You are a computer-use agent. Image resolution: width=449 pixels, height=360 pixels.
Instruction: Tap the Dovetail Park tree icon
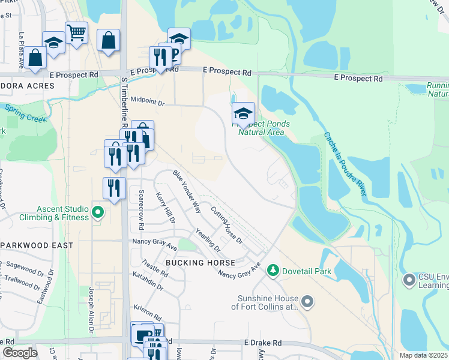coord(274,271)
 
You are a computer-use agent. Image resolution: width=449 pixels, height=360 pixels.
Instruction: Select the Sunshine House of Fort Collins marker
coord(307,302)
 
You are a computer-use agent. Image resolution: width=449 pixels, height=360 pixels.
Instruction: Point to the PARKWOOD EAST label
coord(37,245)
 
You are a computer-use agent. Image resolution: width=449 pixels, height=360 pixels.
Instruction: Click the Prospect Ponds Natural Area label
coord(264,128)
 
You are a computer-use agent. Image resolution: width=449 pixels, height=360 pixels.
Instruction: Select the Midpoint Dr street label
coord(147,103)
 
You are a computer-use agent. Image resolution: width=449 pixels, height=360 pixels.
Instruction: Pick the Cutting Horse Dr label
coord(226,225)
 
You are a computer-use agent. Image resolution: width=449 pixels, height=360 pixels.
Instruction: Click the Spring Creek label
coord(26,113)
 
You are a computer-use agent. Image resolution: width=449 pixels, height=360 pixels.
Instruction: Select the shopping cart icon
coord(77,33)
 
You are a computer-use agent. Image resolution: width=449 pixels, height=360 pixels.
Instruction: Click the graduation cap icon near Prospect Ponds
coord(243,113)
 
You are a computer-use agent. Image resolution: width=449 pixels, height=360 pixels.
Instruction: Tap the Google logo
coord(19,353)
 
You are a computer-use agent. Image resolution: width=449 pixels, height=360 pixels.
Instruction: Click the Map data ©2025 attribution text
coord(423,355)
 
